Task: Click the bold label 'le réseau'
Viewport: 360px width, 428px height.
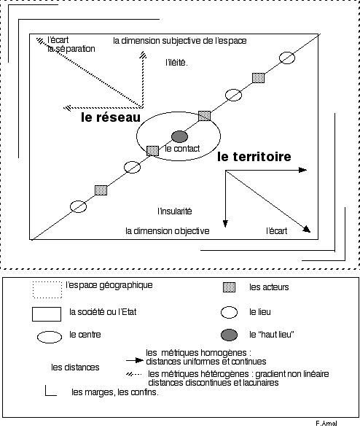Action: click(x=111, y=117)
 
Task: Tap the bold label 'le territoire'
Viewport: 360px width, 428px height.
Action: click(x=254, y=157)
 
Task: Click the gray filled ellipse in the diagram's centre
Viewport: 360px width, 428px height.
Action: click(x=179, y=136)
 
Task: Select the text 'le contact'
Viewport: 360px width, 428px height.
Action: click(x=182, y=149)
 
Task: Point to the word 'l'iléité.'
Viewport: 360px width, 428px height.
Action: click(x=176, y=63)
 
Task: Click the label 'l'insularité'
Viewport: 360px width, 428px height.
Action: click(x=175, y=211)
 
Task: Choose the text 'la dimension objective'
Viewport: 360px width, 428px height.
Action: click(x=168, y=231)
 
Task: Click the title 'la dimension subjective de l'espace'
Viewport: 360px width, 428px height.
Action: click(x=180, y=41)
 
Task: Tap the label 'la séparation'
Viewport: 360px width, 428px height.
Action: click(x=71, y=49)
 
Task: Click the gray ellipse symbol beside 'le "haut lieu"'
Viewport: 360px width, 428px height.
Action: click(x=229, y=335)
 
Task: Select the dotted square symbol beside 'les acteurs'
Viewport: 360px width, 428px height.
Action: click(x=229, y=287)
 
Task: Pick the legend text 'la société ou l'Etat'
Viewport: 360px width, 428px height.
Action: click(x=103, y=312)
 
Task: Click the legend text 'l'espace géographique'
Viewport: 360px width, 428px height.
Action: click(x=109, y=285)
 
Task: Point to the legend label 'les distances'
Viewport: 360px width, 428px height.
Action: click(x=75, y=367)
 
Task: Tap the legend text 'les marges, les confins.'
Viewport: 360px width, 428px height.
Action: click(x=115, y=392)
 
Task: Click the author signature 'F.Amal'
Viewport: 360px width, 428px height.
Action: click(x=326, y=424)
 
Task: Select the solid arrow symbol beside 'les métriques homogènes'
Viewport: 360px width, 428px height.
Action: click(x=135, y=361)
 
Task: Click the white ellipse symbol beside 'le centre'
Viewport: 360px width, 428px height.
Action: click(x=50, y=337)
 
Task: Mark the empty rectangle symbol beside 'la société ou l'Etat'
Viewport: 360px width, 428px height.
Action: click(x=47, y=314)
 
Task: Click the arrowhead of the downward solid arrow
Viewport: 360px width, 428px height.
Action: click(x=225, y=224)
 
